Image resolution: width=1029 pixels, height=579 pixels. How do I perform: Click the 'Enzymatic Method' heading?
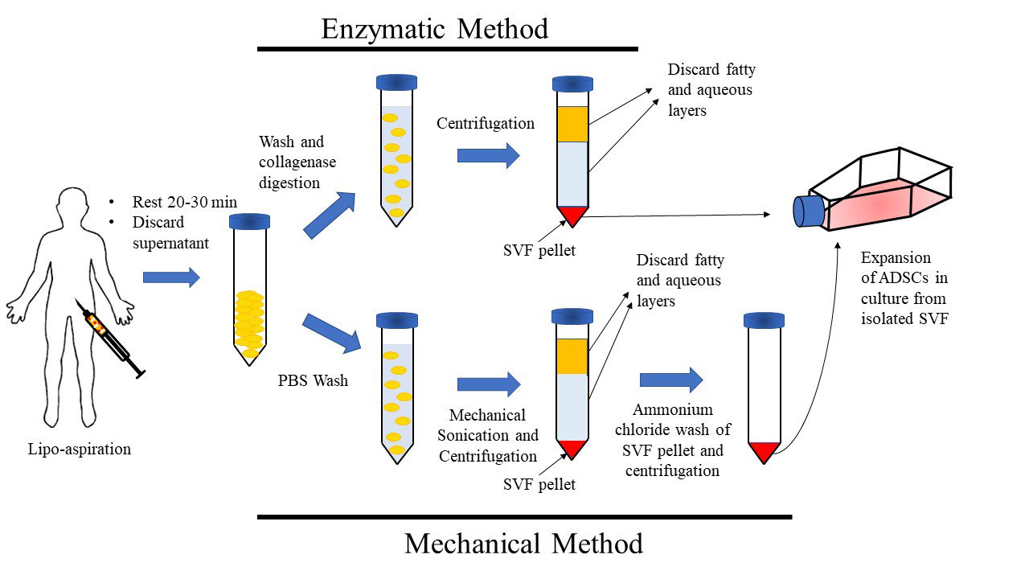pyautogui.click(x=434, y=29)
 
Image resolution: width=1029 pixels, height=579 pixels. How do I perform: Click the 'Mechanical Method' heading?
pyautogui.click(x=523, y=544)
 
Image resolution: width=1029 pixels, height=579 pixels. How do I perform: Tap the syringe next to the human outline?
pyautogui.click(x=112, y=339)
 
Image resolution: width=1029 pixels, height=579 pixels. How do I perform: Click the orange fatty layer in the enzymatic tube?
pyautogui.click(x=572, y=124)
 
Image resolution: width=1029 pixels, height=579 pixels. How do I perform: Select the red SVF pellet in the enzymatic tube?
pyautogui.click(x=572, y=215)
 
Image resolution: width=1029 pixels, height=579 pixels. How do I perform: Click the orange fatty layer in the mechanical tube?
pyautogui.click(x=572, y=356)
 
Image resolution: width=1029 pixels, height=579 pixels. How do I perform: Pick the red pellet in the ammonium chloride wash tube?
pyautogui.click(x=763, y=452)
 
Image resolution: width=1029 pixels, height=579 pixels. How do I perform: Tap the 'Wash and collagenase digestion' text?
pyautogui.click(x=297, y=162)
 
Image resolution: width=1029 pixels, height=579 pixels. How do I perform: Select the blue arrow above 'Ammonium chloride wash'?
pyautogui.click(x=671, y=380)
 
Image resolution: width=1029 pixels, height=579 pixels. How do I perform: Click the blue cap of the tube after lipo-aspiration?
pyautogui.click(x=249, y=221)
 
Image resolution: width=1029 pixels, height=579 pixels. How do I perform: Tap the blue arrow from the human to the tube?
pyautogui.click(x=170, y=278)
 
